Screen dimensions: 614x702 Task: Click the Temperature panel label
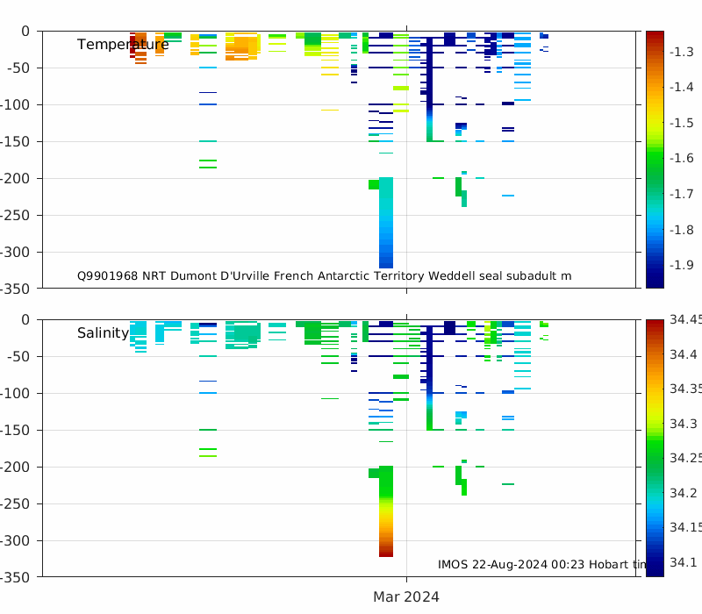pos(122,45)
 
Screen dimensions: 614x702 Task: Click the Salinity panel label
pos(103,333)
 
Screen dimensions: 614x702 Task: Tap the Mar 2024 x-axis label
pos(406,596)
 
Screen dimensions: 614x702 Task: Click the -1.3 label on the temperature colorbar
pos(683,52)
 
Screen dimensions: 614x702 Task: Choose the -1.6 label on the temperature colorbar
pos(683,158)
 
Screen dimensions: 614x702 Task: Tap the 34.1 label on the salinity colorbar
pos(685,562)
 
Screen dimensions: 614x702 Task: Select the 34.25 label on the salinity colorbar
pos(685,458)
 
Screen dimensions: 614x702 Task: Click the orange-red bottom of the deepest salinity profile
pos(386,544)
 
